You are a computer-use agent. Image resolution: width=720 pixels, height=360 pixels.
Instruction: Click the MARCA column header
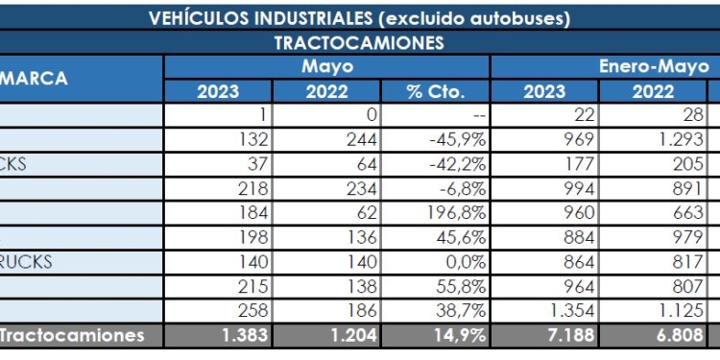click(x=35, y=79)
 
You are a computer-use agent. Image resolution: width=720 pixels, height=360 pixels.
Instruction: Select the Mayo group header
click(x=326, y=67)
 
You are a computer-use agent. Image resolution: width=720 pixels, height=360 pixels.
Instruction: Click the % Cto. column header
click(x=435, y=92)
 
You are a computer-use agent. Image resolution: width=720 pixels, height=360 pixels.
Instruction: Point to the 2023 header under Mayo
click(x=219, y=92)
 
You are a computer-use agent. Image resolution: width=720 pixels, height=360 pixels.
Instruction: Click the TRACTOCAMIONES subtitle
click(x=359, y=43)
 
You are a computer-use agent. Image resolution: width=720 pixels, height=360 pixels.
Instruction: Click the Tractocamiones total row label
click(x=72, y=336)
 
